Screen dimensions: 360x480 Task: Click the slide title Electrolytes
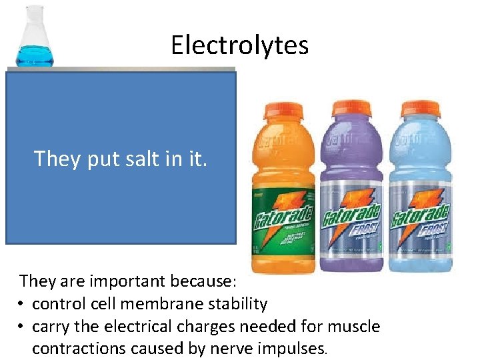click(239, 45)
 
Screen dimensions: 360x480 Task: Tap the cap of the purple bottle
click(351, 109)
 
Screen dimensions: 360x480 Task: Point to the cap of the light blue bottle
click(419, 109)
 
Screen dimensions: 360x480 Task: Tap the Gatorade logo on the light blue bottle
click(420, 217)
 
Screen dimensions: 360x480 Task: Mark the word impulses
click(291, 349)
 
